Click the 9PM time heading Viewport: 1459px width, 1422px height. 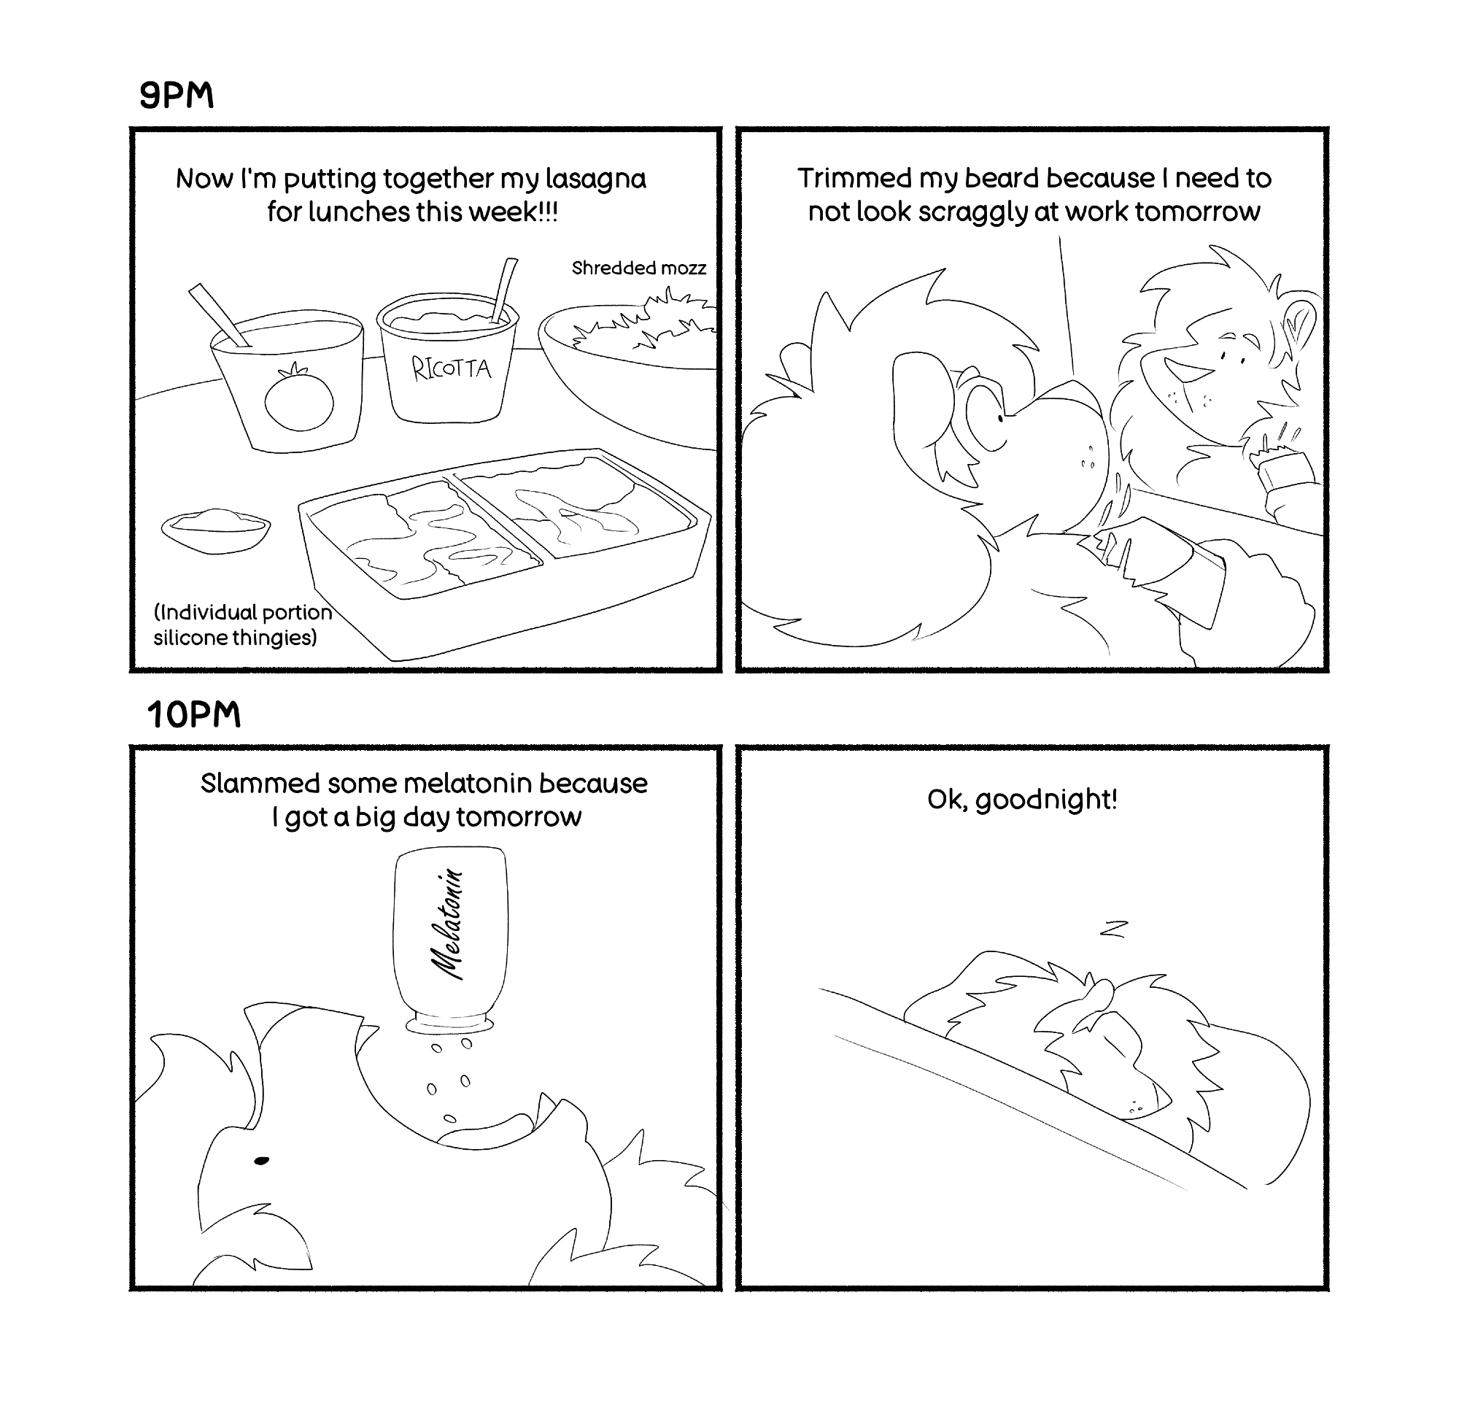coord(177,96)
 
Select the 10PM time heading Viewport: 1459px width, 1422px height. coord(194,715)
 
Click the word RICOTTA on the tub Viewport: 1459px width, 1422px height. coord(452,368)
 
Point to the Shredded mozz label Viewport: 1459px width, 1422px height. coord(638,268)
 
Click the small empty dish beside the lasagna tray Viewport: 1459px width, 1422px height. coord(216,530)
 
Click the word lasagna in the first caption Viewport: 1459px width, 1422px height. coord(595,179)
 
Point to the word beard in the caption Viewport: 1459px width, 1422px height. coord(1002,179)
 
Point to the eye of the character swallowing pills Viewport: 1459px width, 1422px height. coord(261,1161)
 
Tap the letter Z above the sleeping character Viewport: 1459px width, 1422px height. coord(1112,929)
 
